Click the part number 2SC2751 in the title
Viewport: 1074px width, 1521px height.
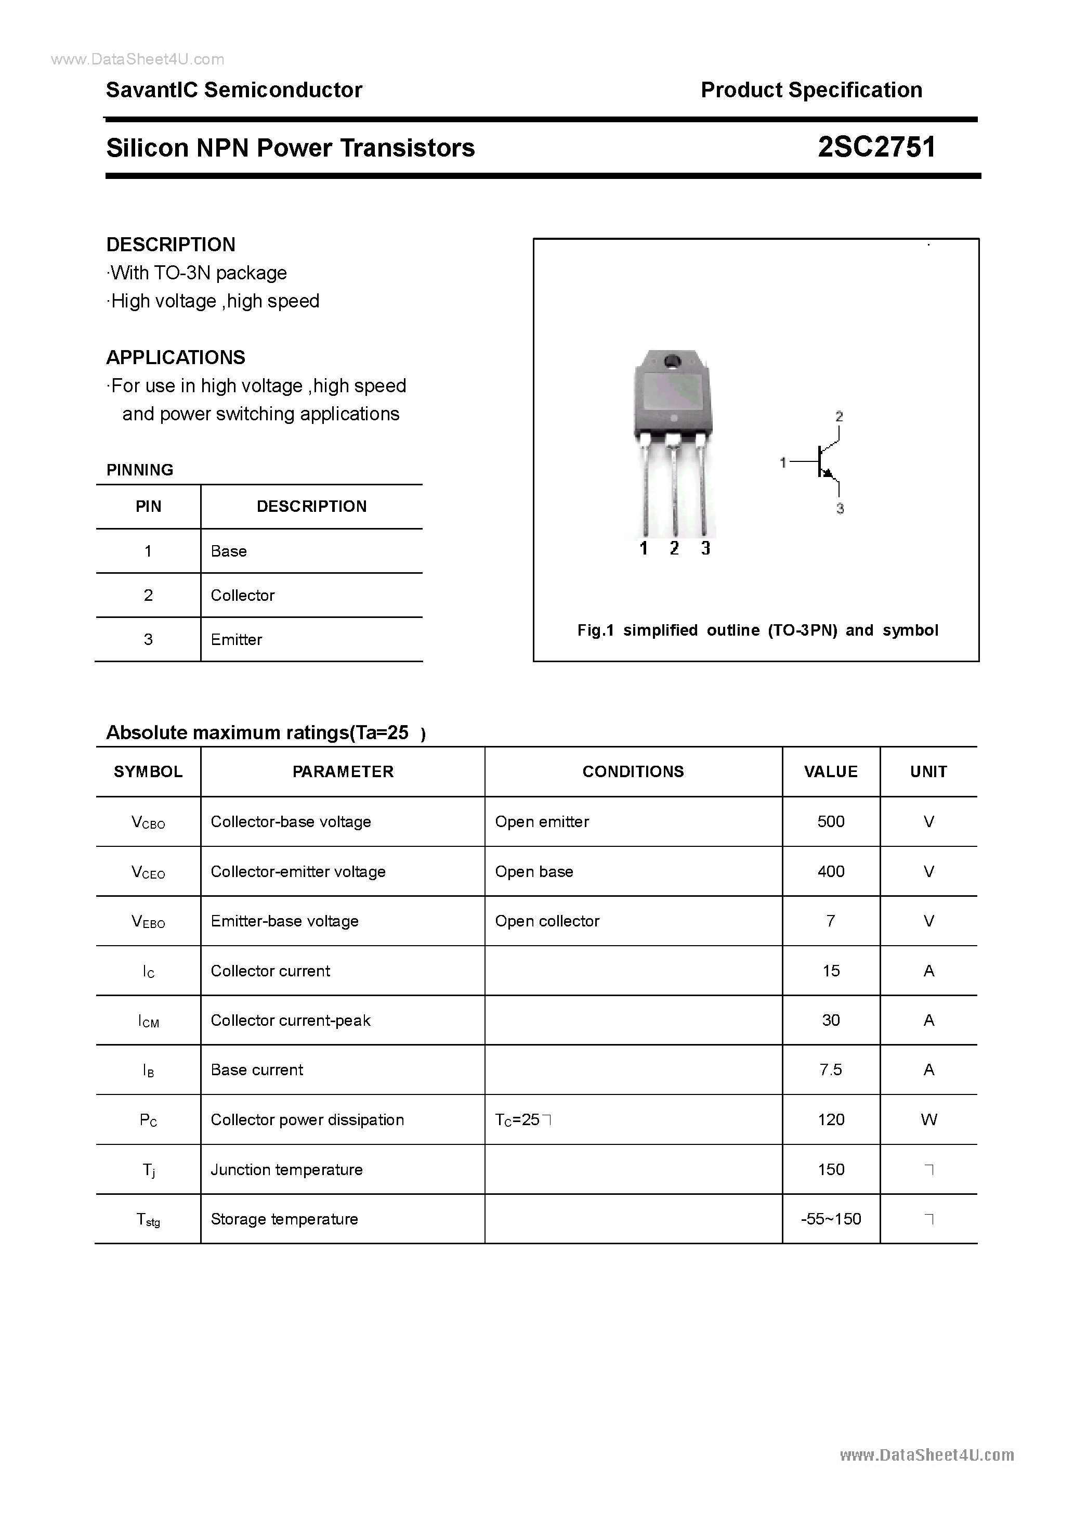pos(876,148)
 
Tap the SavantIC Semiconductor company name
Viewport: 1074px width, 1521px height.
pos(234,90)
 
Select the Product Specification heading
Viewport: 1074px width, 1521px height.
pos(811,90)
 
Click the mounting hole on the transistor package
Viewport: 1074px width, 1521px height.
pos(672,362)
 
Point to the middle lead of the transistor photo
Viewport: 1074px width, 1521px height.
pos(673,490)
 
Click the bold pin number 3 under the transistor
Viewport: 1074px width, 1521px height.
pos(706,548)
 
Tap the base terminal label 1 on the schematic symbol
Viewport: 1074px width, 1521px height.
pos(783,462)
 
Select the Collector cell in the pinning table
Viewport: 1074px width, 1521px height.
pos(242,596)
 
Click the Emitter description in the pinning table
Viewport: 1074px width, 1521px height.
pos(237,640)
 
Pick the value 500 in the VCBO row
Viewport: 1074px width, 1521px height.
pos(830,822)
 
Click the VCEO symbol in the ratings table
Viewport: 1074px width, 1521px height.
pos(148,872)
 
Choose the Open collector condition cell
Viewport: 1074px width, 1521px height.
pos(547,921)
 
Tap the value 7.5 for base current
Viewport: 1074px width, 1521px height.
pos(830,1070)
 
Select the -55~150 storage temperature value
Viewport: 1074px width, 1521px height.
pos(830,1219)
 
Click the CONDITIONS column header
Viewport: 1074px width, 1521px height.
pos(633,772)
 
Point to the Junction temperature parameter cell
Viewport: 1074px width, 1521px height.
pos(287,1170)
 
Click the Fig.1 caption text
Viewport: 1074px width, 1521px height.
pos(757,630)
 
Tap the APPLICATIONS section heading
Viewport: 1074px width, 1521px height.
pos(176,358)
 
